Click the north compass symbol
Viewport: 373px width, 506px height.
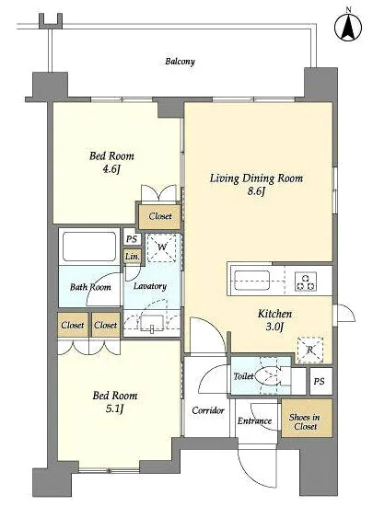[348, 27]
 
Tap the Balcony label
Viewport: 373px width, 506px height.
[180, 62]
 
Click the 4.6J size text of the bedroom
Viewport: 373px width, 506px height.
[111, 169]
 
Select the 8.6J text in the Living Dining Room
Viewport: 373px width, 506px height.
[256, 191]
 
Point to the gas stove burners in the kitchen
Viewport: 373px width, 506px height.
[306, 282]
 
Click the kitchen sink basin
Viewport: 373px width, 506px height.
[252, 281]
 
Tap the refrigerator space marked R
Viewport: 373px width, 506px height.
[310, 350]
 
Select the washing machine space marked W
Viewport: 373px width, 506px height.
[161, 247]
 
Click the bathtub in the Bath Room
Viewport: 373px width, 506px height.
[89, 247]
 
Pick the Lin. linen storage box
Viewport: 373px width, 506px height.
[133, 257]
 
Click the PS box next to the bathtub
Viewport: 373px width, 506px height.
[132, 239]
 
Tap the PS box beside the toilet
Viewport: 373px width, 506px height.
[319, 381]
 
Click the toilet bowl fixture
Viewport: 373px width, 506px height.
[270, 376]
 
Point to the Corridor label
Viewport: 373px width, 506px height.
[208, 410]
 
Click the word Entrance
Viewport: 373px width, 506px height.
[254, 420]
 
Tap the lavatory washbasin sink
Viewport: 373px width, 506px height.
[152, 323]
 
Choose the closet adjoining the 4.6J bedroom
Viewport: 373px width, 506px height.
[159, 216]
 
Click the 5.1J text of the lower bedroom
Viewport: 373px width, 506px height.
[114, 408]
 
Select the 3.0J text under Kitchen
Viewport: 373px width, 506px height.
[274, 327]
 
